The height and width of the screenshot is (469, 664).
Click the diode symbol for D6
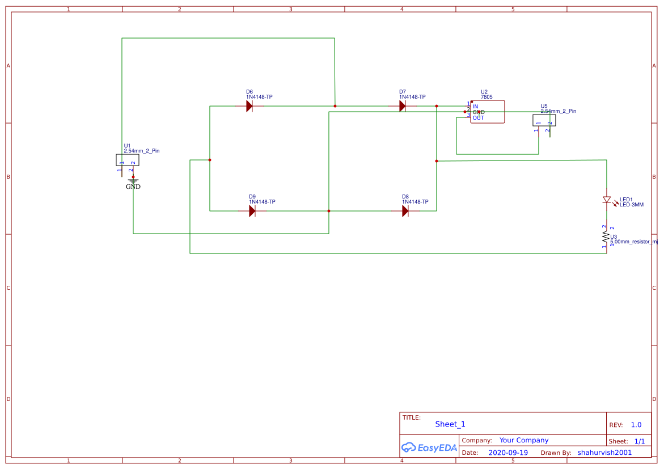tap(249, 106)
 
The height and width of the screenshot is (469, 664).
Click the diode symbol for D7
tap(403, 106)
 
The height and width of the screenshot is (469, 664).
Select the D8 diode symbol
tap(405, 211)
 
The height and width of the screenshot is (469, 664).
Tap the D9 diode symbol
tap(252, 211)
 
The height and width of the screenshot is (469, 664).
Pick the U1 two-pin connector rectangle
tap(128, 160)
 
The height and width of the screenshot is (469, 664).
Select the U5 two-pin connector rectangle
tap(544, 120)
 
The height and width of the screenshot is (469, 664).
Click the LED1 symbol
tap(607, 200)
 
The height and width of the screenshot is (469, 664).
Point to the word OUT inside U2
tap(478, 118)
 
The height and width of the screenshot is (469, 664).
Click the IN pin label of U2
tap(475, 107)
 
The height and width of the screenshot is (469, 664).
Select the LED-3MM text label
tap(632, 205)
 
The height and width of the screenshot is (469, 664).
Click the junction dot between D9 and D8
tap(329, 211)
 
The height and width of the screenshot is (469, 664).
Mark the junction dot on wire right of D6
tap(335, 106)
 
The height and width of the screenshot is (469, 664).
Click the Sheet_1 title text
tap(450, 424)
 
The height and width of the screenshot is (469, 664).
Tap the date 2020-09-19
tap(508, 453)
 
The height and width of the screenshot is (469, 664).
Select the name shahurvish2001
tap(604, 453)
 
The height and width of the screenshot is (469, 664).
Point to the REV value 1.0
tap(636, 425)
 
